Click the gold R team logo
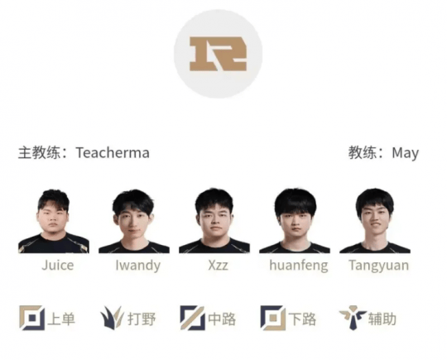coord(218,54)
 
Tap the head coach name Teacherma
coord(113,153)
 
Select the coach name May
coord(405,153)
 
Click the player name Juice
coord(58,266)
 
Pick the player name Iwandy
coord(138,266)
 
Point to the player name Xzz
coord(218,266)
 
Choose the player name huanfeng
coord(299,266)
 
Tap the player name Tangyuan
coord(379,266)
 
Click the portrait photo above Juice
coord(54,221)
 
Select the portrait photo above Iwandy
coord(134,221)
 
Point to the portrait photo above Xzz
coord(214,221)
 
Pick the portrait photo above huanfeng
coord(295,221)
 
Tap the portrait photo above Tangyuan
coord(375,221)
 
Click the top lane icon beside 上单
coord(32,318)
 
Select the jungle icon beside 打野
coord(112,318)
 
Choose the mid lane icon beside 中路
coord(192,318)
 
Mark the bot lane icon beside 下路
coord(273,318)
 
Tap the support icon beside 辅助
coord(353,318)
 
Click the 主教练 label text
coord(39,153)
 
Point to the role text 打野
coord(142,319)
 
